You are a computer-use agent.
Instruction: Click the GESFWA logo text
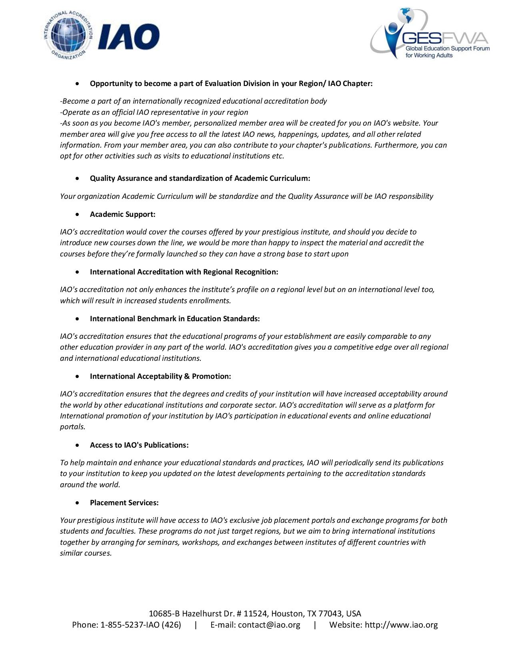tap(446, 39)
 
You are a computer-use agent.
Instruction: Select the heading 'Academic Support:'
tap(122, 214)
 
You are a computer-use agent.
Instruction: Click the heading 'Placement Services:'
tap(124, 503)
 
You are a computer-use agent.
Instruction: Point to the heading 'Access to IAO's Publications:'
tap(139, 445)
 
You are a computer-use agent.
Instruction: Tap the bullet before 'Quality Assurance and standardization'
tap(78, 179)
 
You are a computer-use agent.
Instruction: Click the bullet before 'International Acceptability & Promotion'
tap(78, 377)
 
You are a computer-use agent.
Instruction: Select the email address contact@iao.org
tap(269, 625)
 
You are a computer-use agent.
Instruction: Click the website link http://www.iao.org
tap(401, 625)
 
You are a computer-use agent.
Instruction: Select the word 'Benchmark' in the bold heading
tap(156, 319)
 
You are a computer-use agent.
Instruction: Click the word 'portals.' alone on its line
tap(73, 427)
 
